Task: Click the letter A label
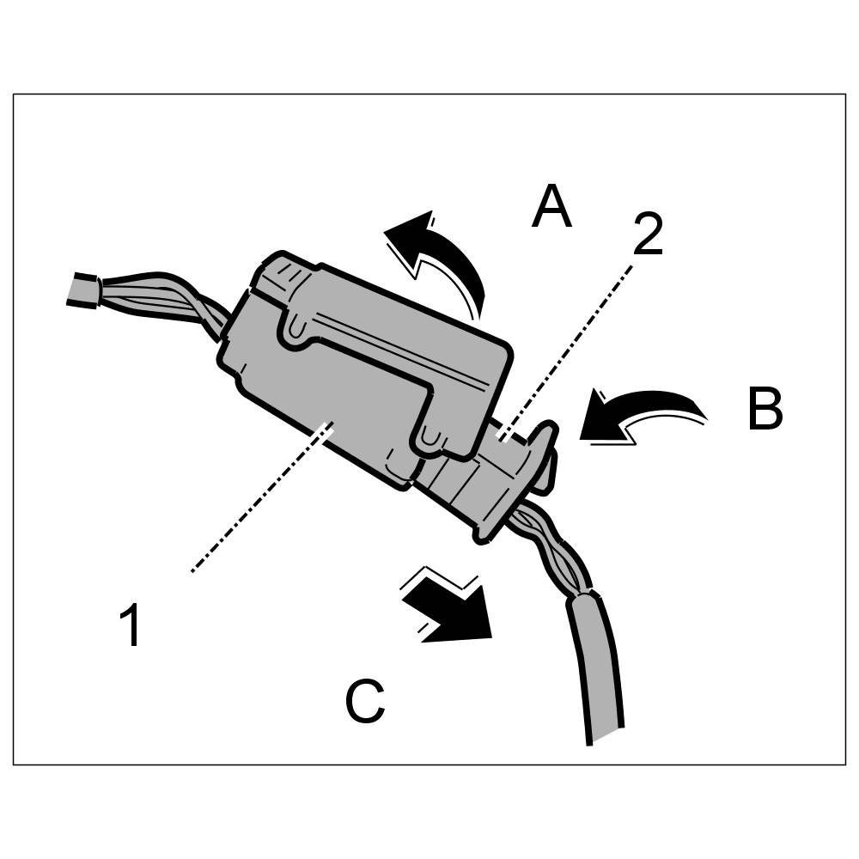click(551, 209)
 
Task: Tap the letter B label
click(765, 411)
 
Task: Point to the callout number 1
click(131, 625)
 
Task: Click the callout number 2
click(649, 235)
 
